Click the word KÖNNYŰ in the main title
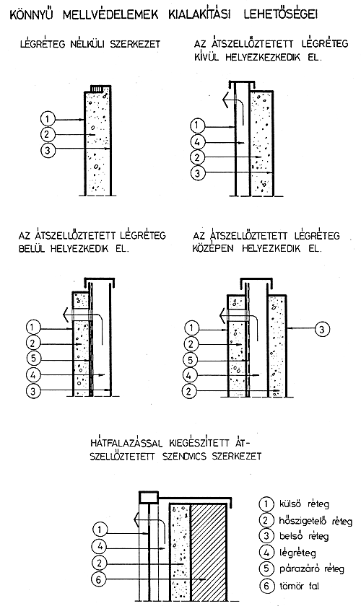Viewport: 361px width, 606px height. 31,14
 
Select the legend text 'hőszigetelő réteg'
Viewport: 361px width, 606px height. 316,521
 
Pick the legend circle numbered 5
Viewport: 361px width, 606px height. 266,569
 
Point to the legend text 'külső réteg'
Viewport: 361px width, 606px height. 304,504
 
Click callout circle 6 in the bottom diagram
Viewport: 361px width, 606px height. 99,579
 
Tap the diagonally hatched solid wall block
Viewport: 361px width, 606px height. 209,553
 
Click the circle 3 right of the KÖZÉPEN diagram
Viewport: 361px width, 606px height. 322,329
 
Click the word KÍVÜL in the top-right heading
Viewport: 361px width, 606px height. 206,58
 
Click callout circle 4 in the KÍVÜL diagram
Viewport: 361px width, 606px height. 198,142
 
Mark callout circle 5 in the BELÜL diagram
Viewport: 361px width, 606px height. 34,359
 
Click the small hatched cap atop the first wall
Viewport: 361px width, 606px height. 97,89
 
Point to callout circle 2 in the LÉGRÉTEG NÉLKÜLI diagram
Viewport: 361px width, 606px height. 47,134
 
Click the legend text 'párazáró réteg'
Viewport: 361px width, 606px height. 311,569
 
